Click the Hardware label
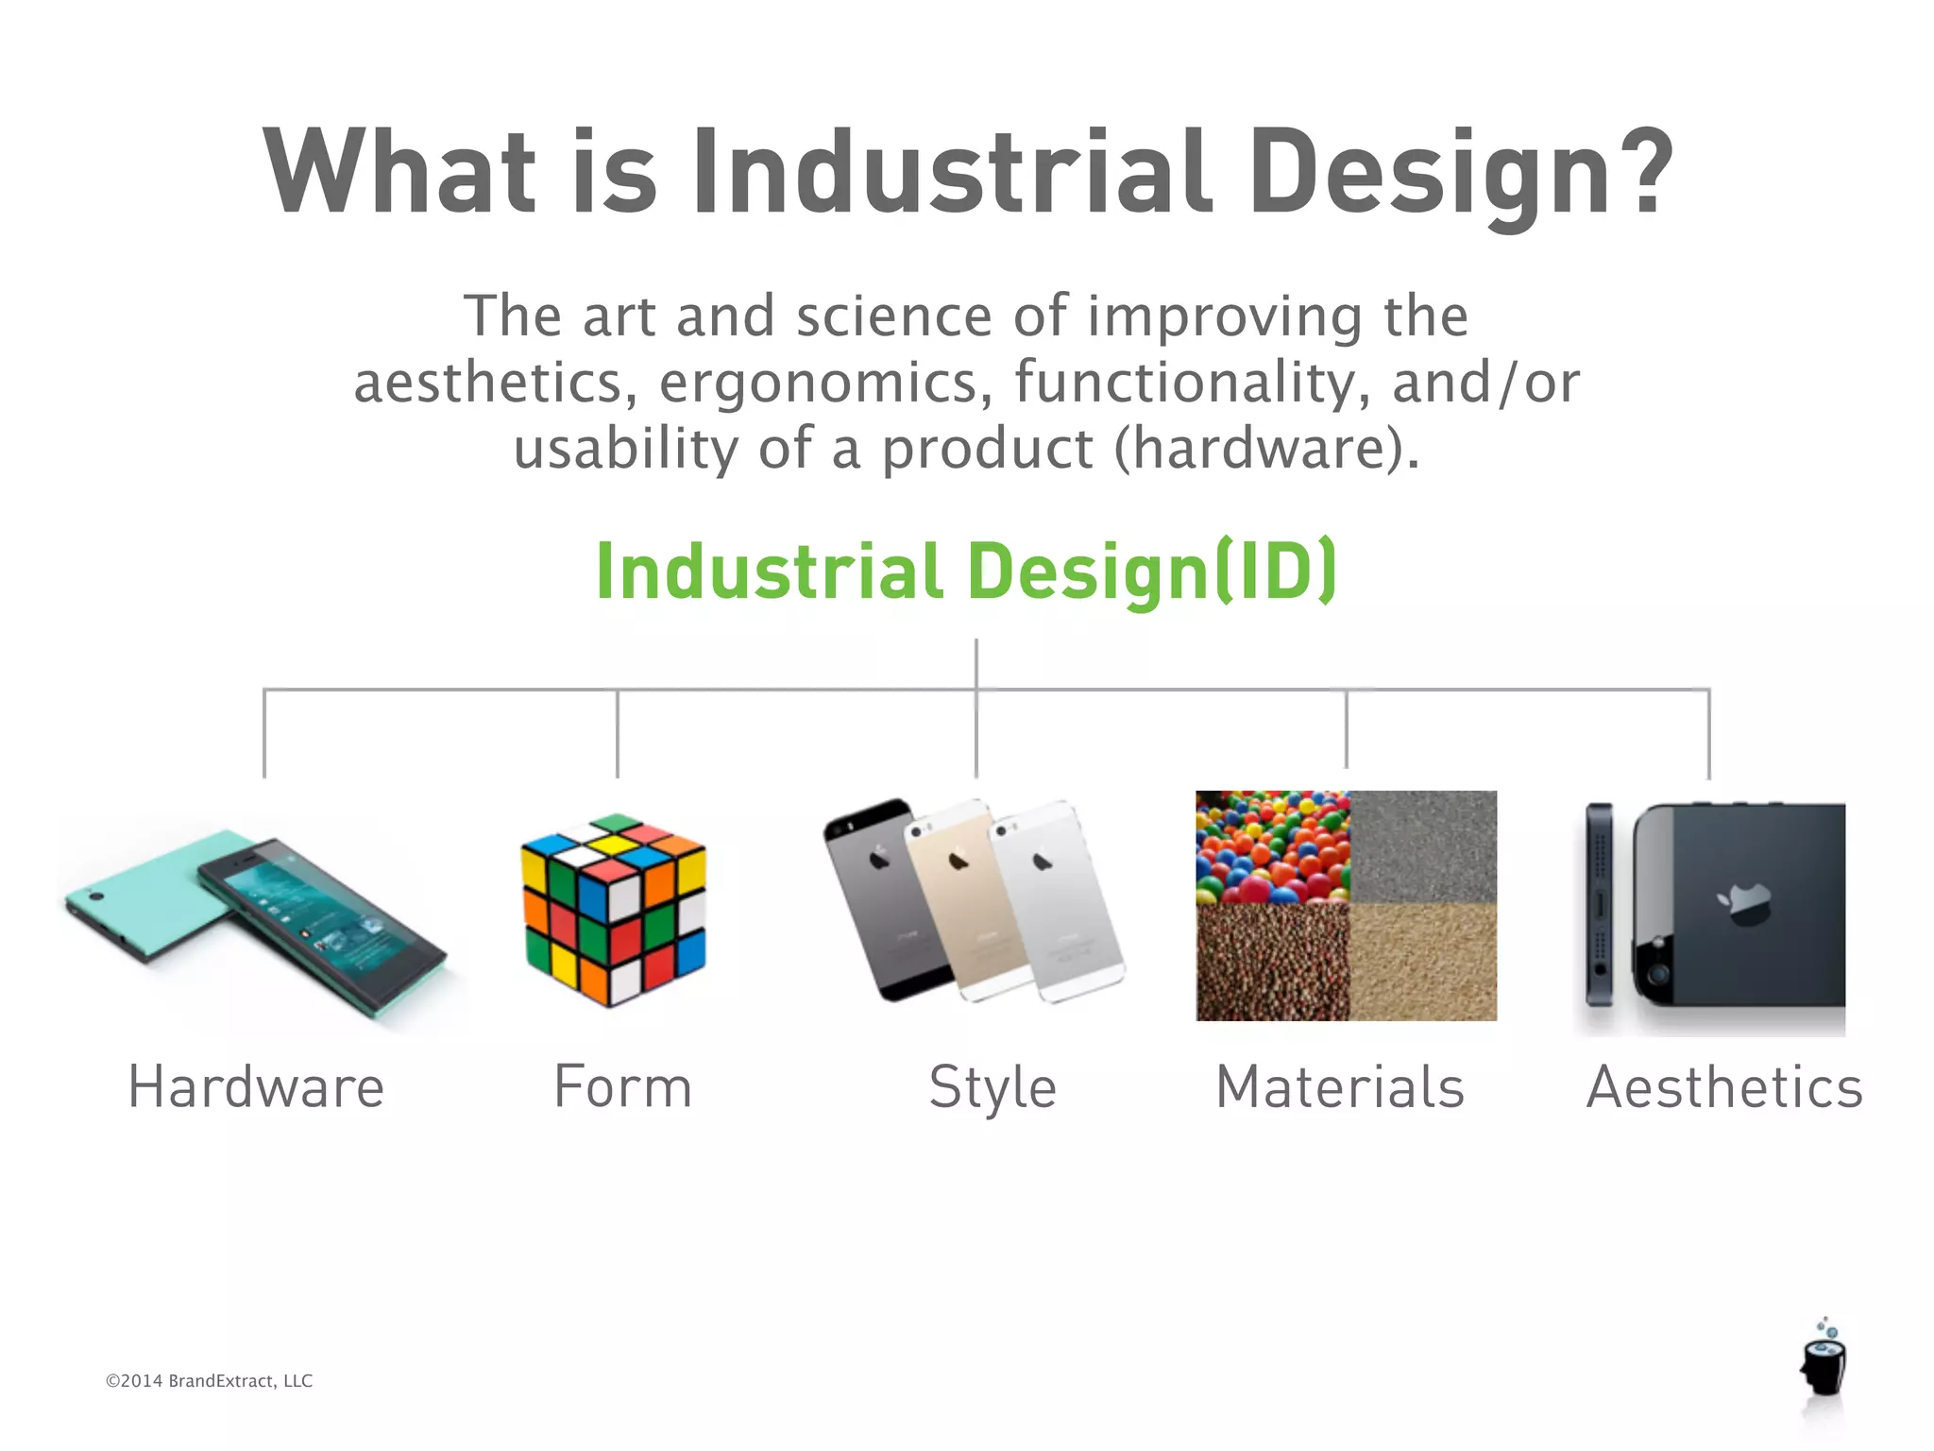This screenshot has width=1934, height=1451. (256, 1086)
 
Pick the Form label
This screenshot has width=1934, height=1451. (623, 1086)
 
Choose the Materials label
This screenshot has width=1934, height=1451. (1340, 1086)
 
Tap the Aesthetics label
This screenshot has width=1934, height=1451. (1724, 1086)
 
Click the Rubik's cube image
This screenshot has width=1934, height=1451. (614, 909)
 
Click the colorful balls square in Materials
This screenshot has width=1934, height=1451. (1271, 846)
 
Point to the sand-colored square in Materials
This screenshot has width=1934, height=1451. (1424, 962)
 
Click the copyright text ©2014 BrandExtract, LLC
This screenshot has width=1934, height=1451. (209, 1380)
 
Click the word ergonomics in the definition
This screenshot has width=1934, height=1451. (825, 384)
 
